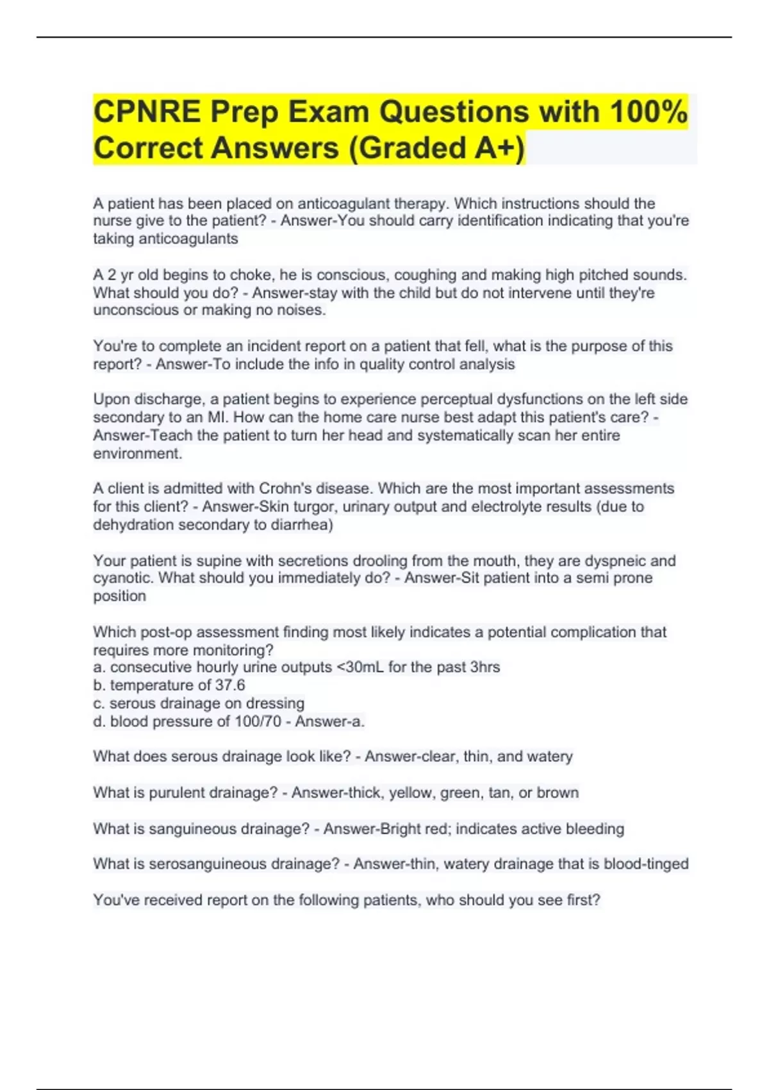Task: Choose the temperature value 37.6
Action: tap(230, 685)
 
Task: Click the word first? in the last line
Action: tap(584, 900)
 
